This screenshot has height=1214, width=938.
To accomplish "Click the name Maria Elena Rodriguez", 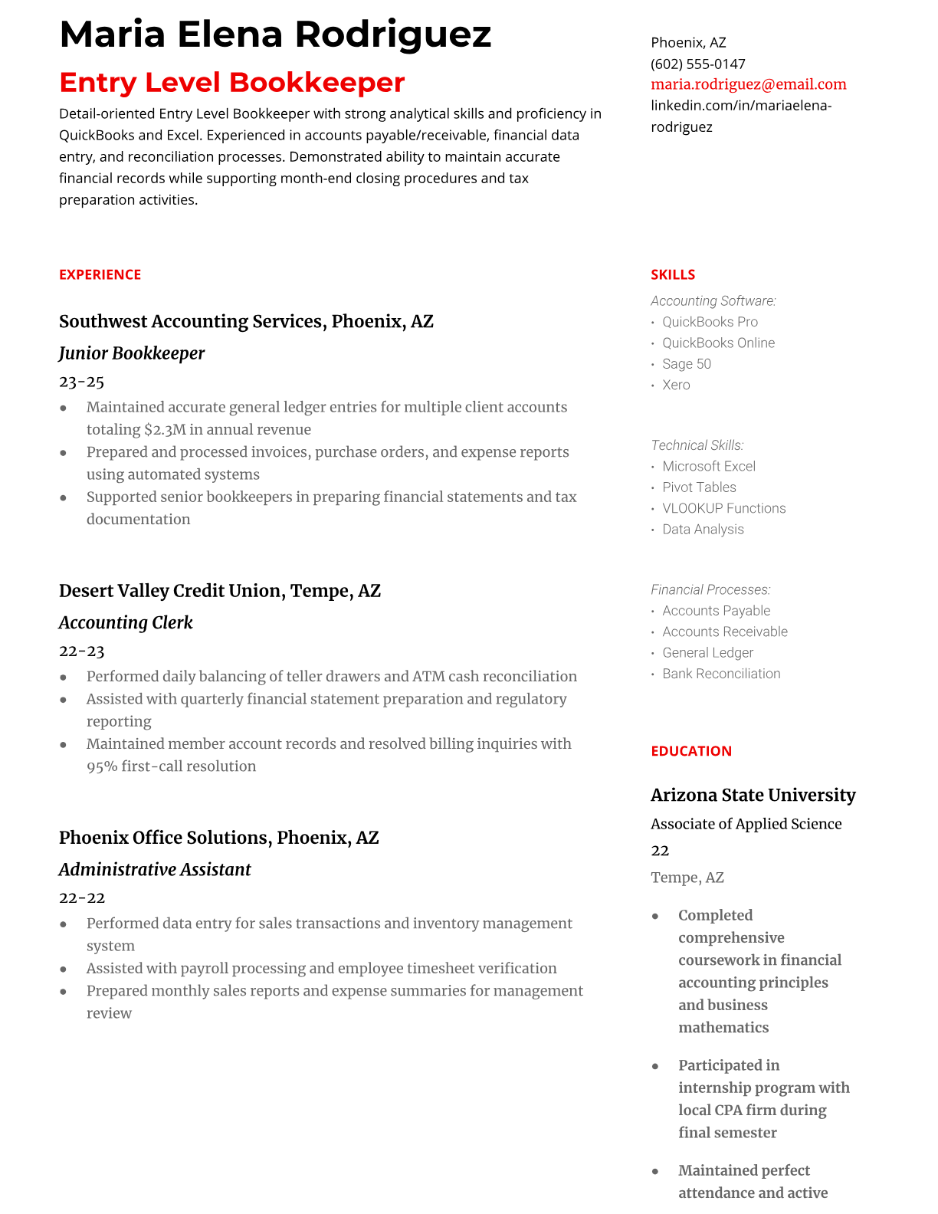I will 275,34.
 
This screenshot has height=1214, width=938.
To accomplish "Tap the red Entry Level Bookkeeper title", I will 231,83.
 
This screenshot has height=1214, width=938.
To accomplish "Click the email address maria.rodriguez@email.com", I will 748,84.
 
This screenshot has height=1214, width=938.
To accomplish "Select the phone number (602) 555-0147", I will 697,64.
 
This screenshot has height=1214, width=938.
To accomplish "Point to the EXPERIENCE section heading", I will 100,274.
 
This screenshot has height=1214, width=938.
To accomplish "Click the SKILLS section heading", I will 673,274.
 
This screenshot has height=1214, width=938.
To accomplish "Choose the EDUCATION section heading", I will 690,751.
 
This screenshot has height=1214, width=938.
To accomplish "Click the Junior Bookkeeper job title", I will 132,353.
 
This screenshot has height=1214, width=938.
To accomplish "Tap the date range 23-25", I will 81,382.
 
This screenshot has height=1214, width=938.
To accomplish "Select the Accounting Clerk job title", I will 126,622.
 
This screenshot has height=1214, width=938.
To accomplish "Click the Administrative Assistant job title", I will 155,869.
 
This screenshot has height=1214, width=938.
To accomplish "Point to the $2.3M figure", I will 165,429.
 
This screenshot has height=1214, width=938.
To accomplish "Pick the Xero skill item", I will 676,385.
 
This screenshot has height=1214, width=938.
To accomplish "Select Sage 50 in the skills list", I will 687,364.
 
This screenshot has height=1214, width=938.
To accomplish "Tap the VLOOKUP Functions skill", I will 724,508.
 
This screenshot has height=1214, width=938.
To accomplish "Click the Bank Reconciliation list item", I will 721,674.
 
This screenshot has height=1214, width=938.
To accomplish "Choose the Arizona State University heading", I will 753,795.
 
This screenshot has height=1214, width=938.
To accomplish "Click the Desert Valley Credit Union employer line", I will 220,591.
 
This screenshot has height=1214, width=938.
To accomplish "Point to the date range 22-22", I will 81,897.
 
